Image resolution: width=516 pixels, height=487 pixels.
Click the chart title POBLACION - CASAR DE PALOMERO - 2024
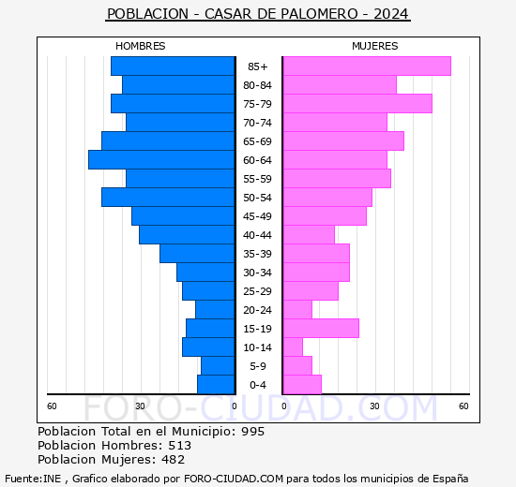tap(258, 14)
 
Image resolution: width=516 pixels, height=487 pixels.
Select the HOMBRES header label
tap(140, 46)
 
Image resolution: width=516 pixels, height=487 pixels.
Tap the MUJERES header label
tap(374, 46)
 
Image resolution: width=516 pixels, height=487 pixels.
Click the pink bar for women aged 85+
tap(366, 66)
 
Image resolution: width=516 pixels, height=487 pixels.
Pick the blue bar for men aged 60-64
tap(161, 159)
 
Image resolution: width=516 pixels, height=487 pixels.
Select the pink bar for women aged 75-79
tap(357, 103)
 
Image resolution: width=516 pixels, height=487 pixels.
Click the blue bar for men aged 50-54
tap(168, 197)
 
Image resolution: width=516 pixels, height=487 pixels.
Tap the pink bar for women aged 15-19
tap(320, 328)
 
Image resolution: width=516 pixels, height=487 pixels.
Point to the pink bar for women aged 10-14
tap(292, 347)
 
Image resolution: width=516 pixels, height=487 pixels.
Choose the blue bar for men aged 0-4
tap(216, 384)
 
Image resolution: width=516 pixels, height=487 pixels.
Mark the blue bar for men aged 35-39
tap(197, 253)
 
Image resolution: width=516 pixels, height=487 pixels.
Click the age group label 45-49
tap(258, 216)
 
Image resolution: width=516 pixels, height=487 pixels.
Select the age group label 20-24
tap(258, 310)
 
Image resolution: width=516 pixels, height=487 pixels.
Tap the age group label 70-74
tap(258, 123)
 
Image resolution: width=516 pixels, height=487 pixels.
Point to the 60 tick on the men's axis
tap(53, 406)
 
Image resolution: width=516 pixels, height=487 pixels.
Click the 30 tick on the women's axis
tap(373, 406)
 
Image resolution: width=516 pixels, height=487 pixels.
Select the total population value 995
tap(251, 431)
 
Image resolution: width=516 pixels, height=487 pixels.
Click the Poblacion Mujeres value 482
tap(171, 459)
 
